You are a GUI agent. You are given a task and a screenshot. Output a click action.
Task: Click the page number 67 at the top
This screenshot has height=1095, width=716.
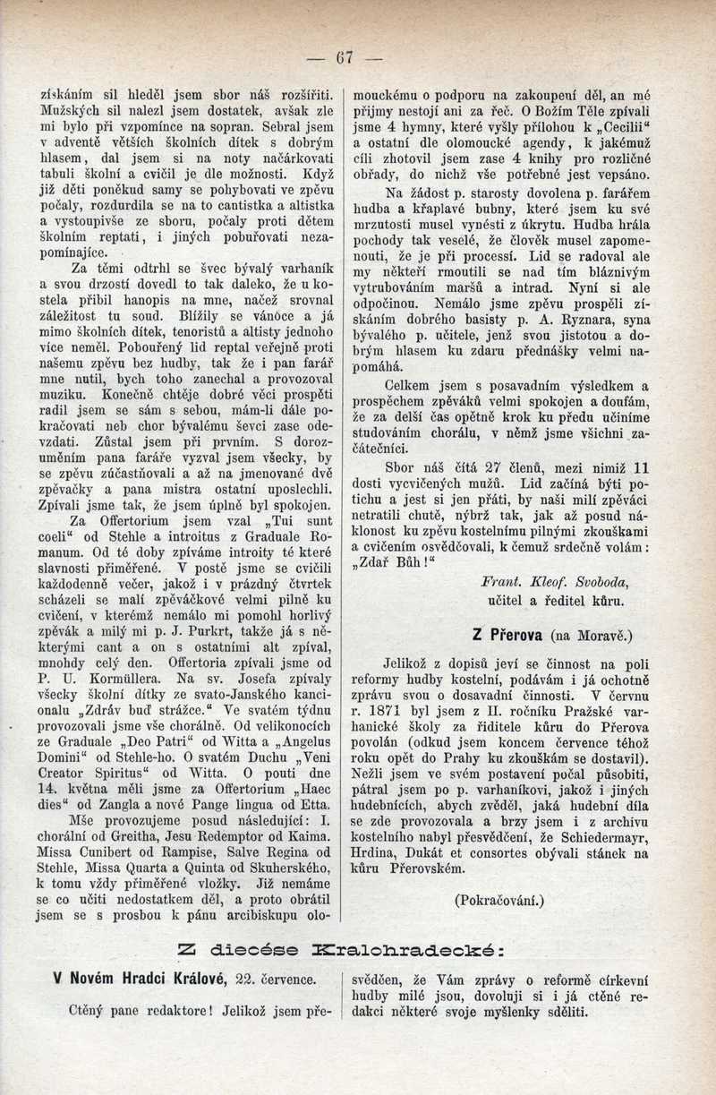pos(345,58)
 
